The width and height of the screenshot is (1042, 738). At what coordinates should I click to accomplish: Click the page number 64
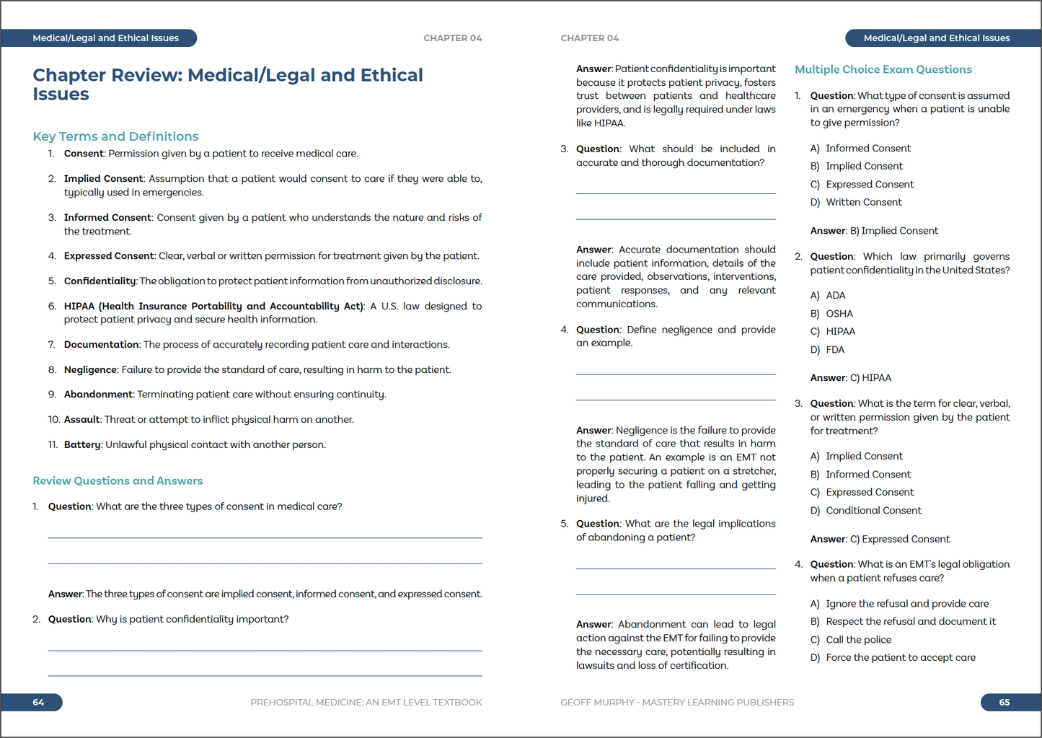click(x=38, y=702)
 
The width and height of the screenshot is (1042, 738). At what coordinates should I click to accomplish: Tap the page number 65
click(x=1004, y=702)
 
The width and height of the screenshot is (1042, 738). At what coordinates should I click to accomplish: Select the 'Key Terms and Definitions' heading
click(x=115, y=136)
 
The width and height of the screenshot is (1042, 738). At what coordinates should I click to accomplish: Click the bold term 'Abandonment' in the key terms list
click(x=98, y=395)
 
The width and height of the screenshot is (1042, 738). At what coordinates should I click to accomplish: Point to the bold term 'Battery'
click(x=81, y=444)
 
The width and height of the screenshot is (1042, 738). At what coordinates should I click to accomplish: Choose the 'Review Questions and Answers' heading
click(x=118, y=480)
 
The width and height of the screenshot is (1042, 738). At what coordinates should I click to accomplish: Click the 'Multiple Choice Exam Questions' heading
click(x=883, y=69)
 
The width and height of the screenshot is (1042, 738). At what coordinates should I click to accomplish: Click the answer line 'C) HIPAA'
click(x=851, y=378)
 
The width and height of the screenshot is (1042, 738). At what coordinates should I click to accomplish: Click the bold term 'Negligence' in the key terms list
click(x=90, y=370)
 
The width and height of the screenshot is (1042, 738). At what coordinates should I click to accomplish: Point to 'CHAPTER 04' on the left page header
click(x=452, y=38)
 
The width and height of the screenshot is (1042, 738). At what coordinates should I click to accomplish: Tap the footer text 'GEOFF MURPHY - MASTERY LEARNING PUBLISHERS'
click(x=677, y=702)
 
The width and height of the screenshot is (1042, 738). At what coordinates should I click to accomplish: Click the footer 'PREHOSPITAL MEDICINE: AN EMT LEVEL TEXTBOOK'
click(x=366, y=702)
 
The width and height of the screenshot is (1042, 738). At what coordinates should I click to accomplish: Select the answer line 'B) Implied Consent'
click(x=874, y=231)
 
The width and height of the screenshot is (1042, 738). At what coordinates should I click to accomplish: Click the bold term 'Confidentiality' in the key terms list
click(x=100, y=281)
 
